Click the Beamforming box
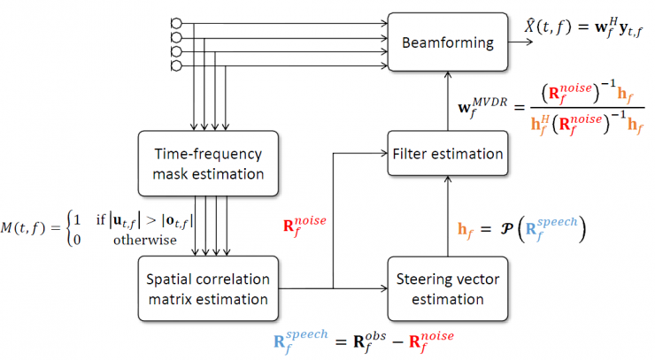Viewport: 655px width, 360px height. (x=447, y=42)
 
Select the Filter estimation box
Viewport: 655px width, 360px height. (x=447, y=154)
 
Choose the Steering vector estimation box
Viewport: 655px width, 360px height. (x=447, y=287)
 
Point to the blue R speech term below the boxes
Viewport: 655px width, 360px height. (x=303, y=341)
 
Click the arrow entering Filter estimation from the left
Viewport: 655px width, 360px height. (x=372, y=154)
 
